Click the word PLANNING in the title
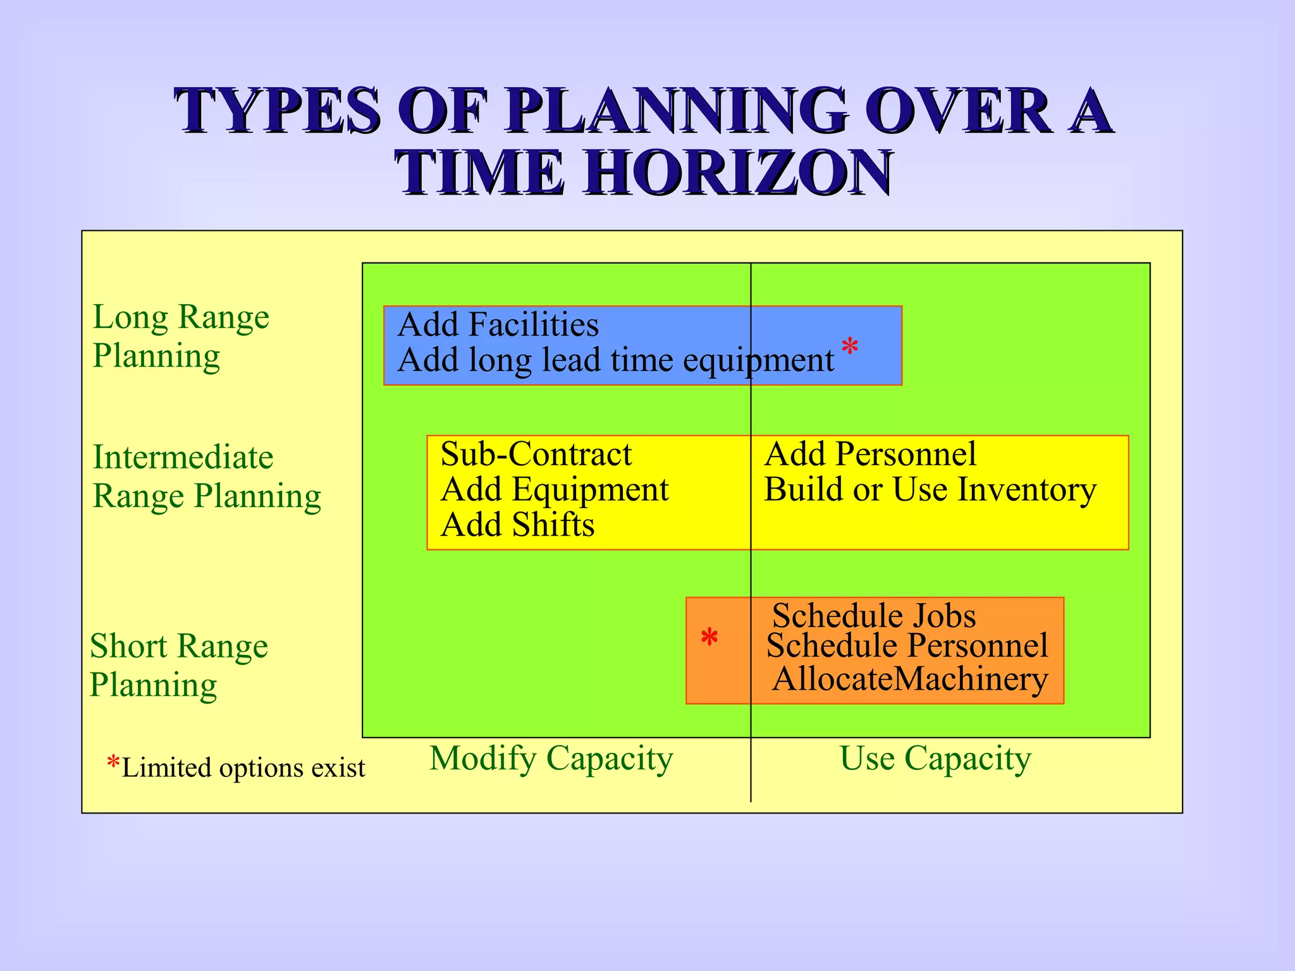click(x=677, y=111)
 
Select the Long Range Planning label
click(x=180, y=336)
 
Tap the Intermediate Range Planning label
click(x=206, y=476)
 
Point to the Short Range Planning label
click(x=179, y=665)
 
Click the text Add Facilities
click(x=498, y=325)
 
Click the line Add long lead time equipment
click(x=615, y=360)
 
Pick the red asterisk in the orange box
click(x=709, y=637)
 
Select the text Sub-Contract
click(x=536, y=454)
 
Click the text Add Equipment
click(x=554, y=489)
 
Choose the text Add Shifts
click(x=517, y=525)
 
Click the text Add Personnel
click(x=870, y=454)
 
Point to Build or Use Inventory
click(x=930, y=489)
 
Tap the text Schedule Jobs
click(x=873, y=615)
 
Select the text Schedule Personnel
click(x=907, y=645)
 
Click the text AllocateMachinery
click(x=909, y=679)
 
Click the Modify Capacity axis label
click(x=551, y=758)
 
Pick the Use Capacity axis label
click(x=935, y=758)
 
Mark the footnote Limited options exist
click(x=242, y=767)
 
